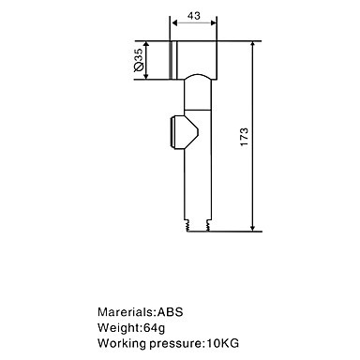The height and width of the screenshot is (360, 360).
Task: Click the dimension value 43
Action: pos(194,16)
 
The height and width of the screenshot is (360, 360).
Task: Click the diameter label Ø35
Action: pos(138,60)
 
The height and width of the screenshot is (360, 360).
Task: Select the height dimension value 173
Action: pos(244,136)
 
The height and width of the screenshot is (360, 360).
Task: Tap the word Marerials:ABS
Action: pos(141,311)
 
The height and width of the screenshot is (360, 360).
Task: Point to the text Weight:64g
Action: pos(131,327)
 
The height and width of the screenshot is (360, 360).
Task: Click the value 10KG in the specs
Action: pos(223,343)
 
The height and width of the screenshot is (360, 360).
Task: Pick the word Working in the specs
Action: pos(122,343)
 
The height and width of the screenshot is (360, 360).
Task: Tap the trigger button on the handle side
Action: pos(185,132)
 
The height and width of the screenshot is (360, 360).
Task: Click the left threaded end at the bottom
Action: pos(187,225)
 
